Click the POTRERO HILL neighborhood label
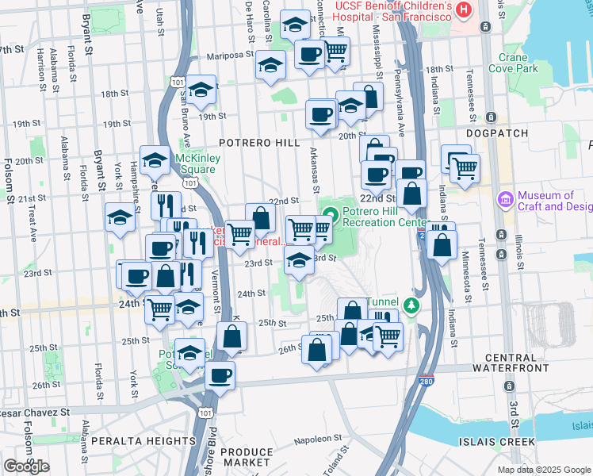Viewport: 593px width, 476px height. pyautogui.click(x=259, y=143)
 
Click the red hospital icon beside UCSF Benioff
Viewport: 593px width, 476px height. pyautogui.click(x=465, y=9)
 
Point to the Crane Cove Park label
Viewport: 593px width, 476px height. pyautogui.click(x=518, y=63)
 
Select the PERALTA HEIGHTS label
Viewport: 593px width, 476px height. pyautogui.click(x=128, y=440)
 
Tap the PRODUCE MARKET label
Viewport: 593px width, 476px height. pyautogui.click(x=245, y=457)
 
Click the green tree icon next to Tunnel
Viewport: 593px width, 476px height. pyautogui.click(x=411, y=305)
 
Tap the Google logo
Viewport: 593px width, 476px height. pyautogui.click(x=26, y=466)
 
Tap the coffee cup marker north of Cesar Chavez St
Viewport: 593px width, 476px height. pyautogui.click(x=220, y=375)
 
